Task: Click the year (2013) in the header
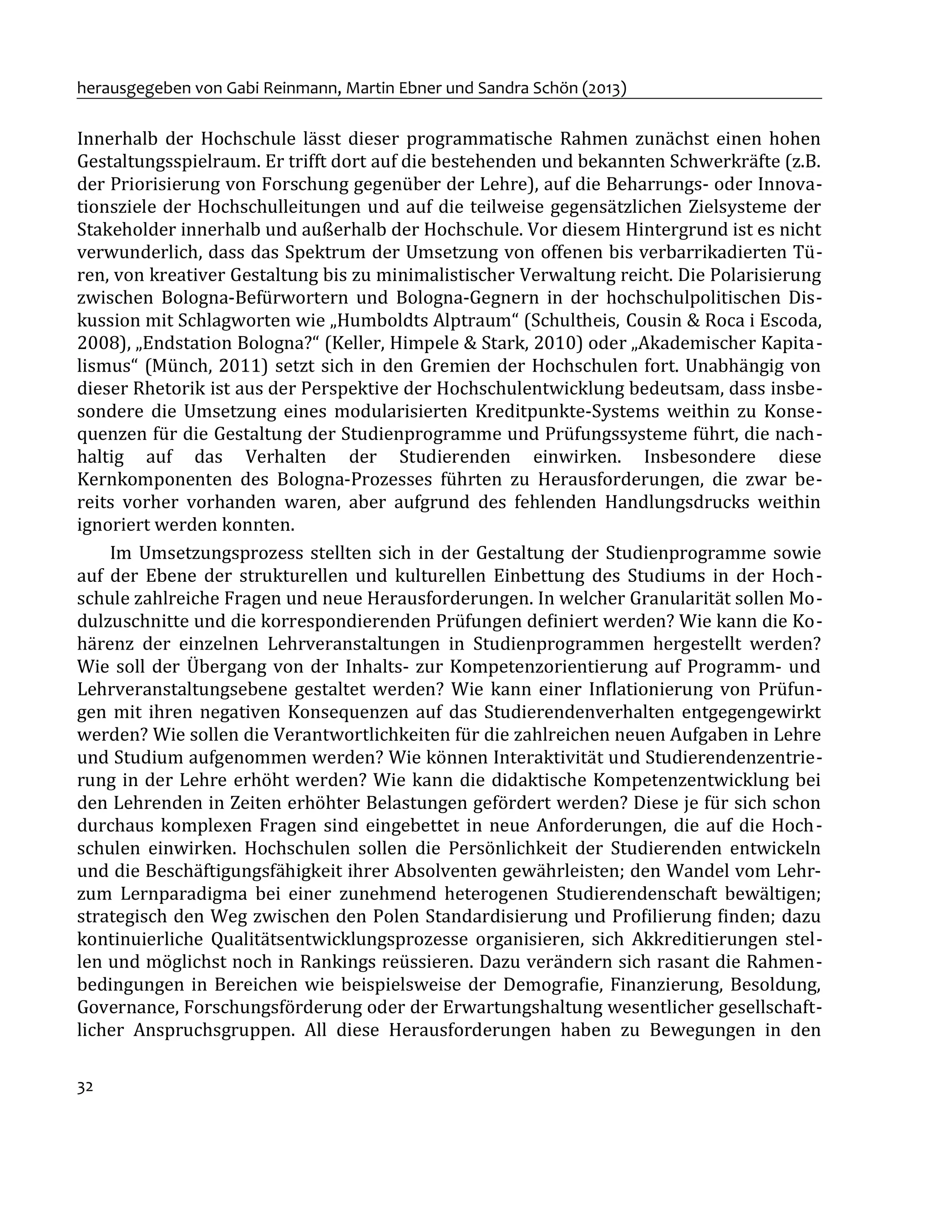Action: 604,88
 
